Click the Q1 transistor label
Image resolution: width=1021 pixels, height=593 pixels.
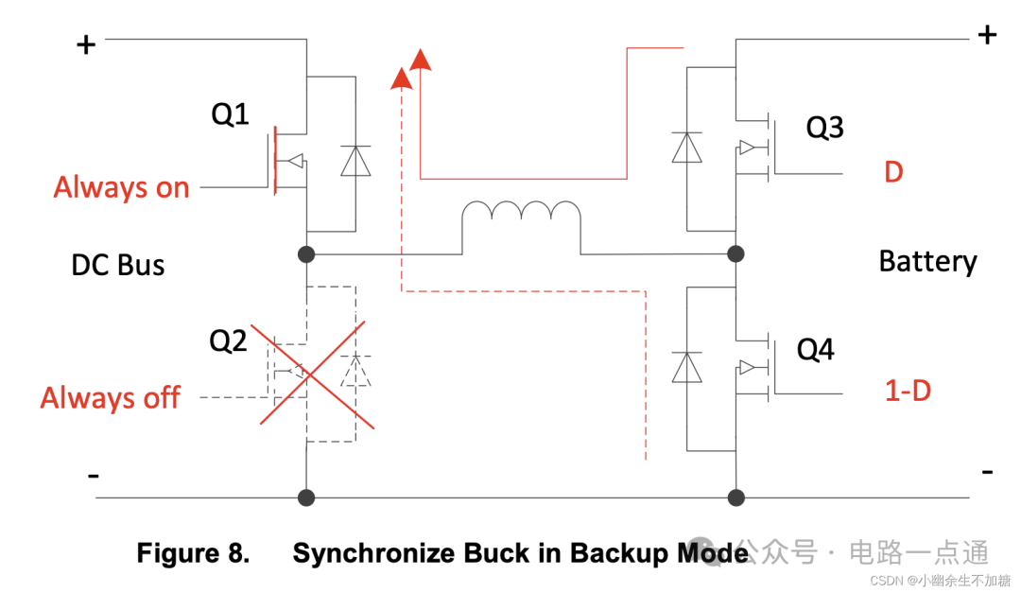(x=230, y=114)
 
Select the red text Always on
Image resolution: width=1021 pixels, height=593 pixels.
(x=121, y=187)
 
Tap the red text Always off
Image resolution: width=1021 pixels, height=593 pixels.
(x=110, y=397)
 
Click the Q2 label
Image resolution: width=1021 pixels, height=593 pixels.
(x=228, y=340)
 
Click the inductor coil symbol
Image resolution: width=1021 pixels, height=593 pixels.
(x=521, y=217)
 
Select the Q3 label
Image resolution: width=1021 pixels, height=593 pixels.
(x=823, y=128)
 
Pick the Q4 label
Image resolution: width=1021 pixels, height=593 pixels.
(x=815, y=350)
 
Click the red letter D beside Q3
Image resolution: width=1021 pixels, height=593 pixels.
(x=893, y=173)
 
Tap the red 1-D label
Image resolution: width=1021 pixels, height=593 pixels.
(x=908, y=390)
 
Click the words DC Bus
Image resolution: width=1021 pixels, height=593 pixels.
(x=118, y=265)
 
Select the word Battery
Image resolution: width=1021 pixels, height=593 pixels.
(x=927, y=261)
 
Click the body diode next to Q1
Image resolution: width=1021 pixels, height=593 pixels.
(x=355, y=161)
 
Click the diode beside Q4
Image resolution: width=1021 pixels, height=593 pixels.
(x=686, y=366)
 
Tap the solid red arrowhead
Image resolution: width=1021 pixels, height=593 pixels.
(x=421, y=59)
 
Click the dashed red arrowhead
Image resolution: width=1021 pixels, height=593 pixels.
(x=402, y=78)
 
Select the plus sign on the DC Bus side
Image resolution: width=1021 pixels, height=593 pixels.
(x=86, y=44)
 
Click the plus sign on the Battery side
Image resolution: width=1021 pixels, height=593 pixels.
(x=987, y=35)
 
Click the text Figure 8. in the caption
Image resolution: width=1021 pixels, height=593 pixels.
(x=193, y=553)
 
